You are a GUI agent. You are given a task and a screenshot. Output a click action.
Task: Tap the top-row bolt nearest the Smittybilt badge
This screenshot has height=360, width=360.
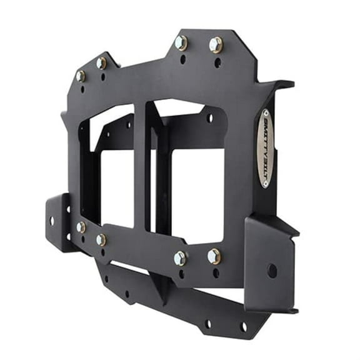(216, 44)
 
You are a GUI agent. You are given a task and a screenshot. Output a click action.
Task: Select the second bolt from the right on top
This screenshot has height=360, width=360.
(181, 42)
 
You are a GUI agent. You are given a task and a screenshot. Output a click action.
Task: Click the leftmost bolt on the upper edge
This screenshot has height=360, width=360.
(81, 76)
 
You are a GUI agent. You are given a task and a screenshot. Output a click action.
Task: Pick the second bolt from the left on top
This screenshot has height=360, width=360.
(101, 62)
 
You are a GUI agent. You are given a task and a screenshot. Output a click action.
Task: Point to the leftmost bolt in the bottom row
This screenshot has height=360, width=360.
(81, 227)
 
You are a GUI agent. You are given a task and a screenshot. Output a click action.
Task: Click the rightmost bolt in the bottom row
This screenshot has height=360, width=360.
(214, 256)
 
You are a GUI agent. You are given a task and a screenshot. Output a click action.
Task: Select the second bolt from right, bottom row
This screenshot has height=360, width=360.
(180, 258)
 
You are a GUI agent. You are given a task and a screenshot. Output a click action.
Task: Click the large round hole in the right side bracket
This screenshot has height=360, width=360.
(272, 271)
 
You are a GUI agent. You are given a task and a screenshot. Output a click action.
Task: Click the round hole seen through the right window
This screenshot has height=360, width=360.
(210, 117)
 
